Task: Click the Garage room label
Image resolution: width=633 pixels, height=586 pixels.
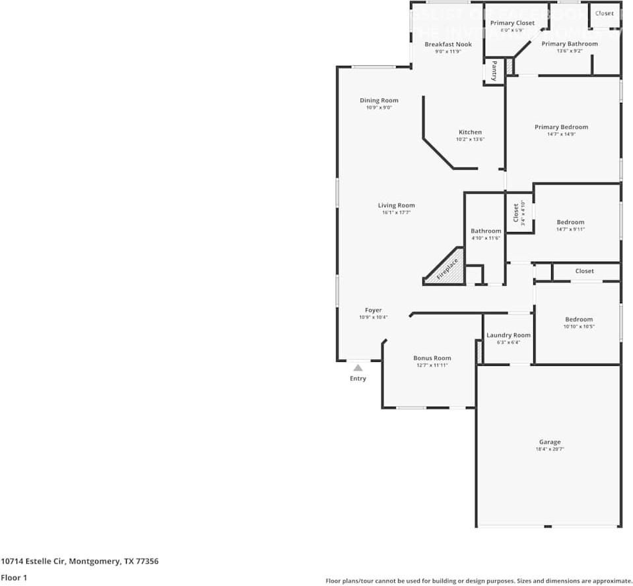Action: pos(549,442)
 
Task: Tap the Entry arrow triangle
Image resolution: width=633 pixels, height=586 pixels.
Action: pos(358,368)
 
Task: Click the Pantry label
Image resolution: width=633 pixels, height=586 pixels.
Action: pos(494,71)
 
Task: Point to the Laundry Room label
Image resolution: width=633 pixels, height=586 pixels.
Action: pos(508,336)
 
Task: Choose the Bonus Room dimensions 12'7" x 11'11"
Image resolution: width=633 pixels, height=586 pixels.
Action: pos(432,365)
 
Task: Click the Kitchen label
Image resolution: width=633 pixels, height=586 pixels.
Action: pos(470,132)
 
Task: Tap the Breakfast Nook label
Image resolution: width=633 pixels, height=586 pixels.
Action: pos(448,45)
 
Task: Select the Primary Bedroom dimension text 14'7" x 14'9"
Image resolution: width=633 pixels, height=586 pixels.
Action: pos(561,134)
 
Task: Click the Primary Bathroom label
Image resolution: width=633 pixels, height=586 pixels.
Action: pos(569,44)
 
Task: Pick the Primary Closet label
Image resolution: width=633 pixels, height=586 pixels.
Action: pos(512,23)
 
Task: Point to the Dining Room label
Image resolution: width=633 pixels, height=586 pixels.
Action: pos(379,101)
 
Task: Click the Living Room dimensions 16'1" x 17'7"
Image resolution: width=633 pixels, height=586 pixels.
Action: pos(396,213)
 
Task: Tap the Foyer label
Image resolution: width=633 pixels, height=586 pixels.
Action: pos(373,310)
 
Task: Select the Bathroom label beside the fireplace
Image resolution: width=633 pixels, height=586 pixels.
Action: pos(486,231)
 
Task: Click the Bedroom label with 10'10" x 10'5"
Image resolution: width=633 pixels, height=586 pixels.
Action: pos(578,320)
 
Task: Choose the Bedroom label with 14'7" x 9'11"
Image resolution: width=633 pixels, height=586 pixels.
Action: pos(570,222)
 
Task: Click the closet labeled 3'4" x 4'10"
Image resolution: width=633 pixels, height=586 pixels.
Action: pos(516,212)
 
